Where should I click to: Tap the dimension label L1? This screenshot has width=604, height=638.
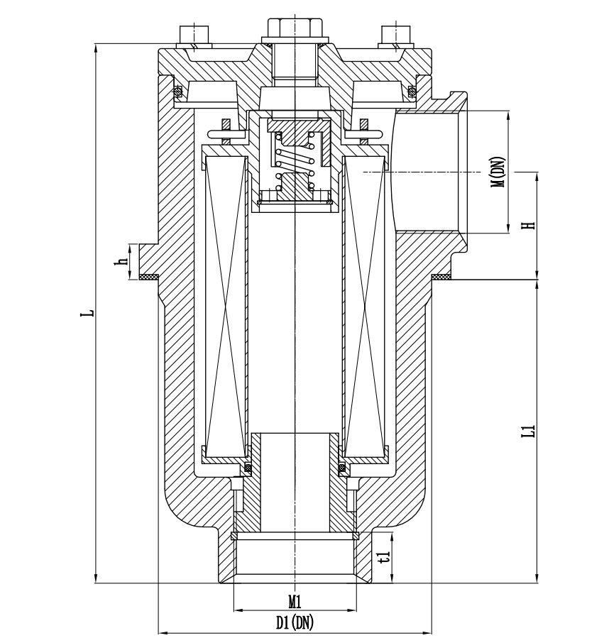(x=527, y=431)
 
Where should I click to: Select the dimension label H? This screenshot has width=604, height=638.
(x=527, y=226)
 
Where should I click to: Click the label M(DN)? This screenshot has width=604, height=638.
(x=498, y=172)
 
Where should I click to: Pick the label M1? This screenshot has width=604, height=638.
(x=295, y=601)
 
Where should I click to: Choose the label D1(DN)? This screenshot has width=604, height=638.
(x=295, y=622)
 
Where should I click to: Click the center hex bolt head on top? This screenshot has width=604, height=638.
(x=295, y=28)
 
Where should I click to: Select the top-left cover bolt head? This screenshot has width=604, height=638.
(x=194, y=34)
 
